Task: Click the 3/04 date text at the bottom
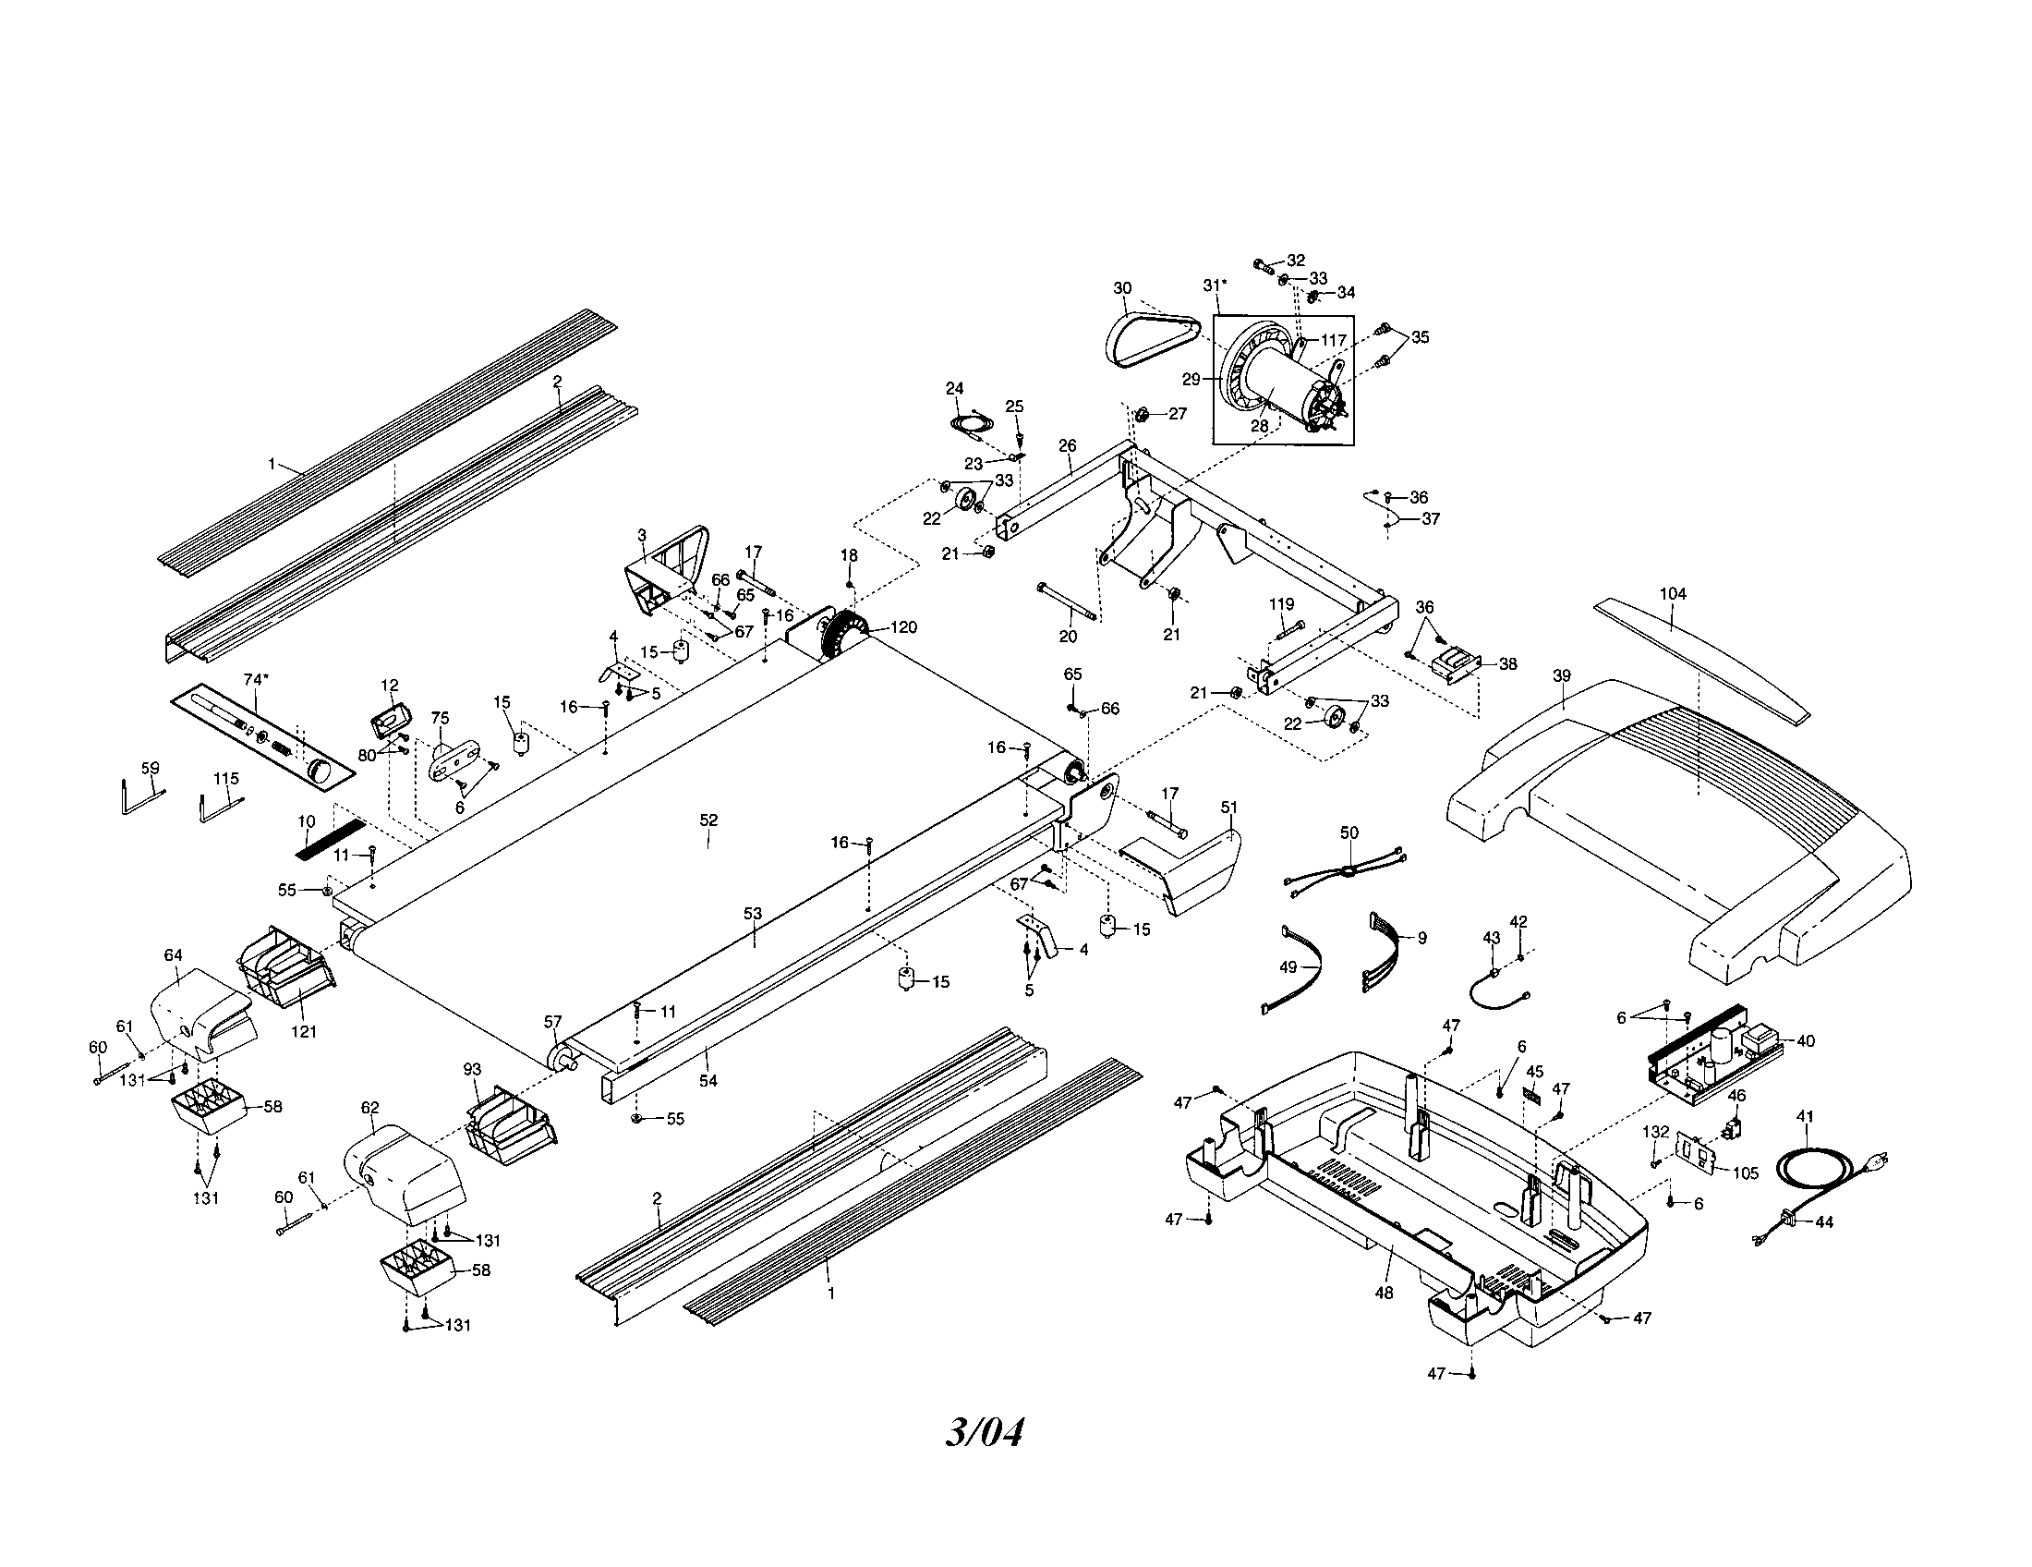point(985,1433)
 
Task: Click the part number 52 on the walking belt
point(708,820)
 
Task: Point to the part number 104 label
point(1672,594)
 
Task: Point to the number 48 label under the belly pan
point(1384,1294)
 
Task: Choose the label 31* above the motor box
point(1215,285)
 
